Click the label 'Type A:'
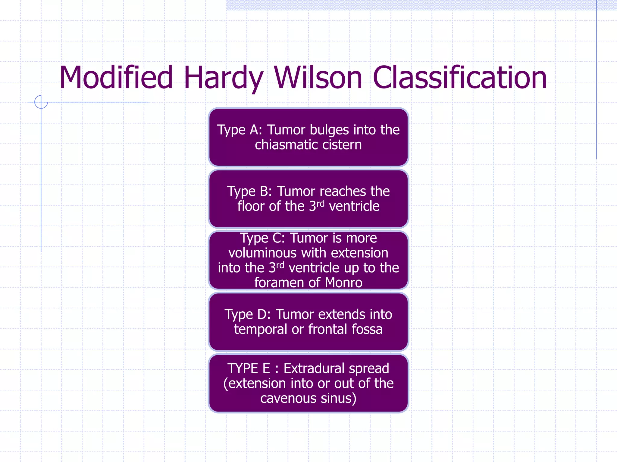click(x=240, y=130)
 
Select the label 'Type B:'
click(x=249, y=191)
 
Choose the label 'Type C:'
click(x=262, y=238)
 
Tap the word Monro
click(x=343, y=283)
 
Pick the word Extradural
click(x=336, y=369)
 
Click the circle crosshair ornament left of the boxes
click(x=41, y=102)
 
